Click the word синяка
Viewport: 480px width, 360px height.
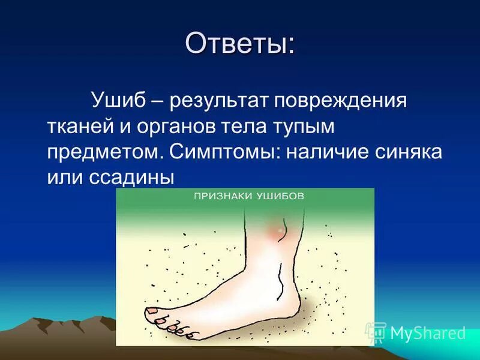click(x=408, y=151)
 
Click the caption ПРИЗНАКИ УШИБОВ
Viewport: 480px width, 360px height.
click(x=248, y=196)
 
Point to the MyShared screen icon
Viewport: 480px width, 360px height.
click(x=376, y=332)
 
